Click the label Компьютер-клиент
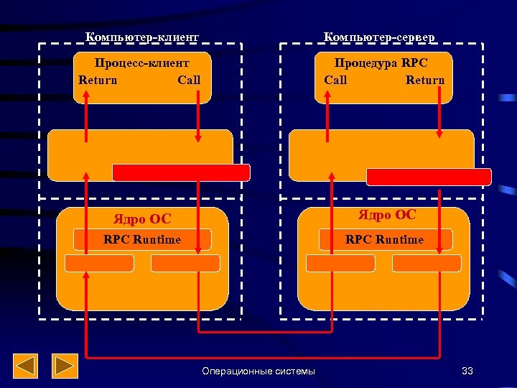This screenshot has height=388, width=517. pos(141,36)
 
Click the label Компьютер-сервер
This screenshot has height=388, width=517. pos(379,36)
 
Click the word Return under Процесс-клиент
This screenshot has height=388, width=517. pos(98,80)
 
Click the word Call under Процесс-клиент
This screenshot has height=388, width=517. pos(189,80)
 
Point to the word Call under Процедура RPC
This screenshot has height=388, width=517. pos(335,80)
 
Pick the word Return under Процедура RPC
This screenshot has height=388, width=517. pos(425,80)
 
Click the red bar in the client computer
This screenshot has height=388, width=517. pos(181,172)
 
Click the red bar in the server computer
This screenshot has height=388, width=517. pos(429,177)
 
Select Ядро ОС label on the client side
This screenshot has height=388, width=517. pos(143,219)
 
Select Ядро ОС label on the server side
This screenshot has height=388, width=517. pos(387,215)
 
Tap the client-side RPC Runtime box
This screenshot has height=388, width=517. pos(142,239)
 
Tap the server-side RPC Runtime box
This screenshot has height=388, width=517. pos(384,239)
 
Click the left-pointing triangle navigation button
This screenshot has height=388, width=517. pos(27,366)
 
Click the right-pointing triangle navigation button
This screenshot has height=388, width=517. pos(66,366)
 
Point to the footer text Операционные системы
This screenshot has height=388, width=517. pos(258,371)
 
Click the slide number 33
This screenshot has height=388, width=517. pos(467,371)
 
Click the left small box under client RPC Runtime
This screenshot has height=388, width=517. pos(99,263)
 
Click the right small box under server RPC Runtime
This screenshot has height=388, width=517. pos(427,263)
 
